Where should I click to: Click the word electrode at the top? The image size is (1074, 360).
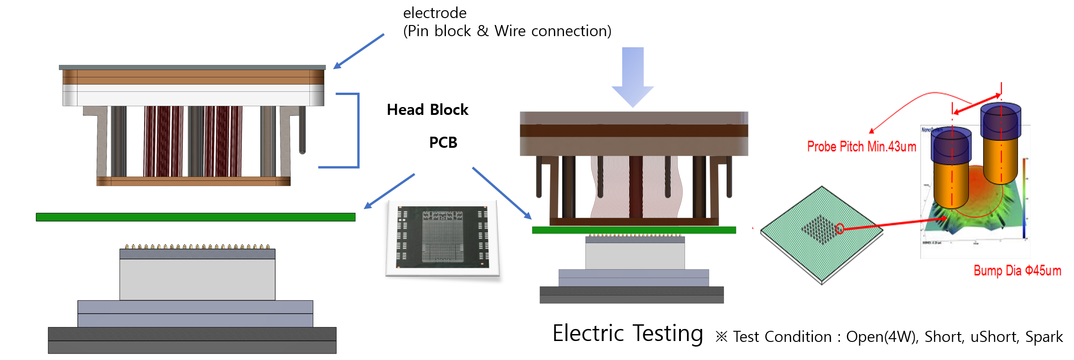434,13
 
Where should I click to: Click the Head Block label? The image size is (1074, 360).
427,110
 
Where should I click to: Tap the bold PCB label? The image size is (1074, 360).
443,143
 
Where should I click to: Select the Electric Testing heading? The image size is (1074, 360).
628,334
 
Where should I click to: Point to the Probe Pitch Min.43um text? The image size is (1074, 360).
861,147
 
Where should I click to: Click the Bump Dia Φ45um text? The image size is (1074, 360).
1017,271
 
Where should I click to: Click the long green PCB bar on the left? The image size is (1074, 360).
195,217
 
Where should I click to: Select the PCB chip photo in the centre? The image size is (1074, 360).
443,238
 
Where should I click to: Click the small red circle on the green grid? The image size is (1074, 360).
839,228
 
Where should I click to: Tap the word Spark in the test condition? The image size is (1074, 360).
1044,337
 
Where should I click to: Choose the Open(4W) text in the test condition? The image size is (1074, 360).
882,337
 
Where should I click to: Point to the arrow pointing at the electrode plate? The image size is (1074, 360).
358,51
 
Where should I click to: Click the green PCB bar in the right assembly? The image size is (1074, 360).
634,230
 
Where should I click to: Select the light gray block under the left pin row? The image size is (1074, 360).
197,279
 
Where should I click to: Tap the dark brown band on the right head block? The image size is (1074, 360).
634,131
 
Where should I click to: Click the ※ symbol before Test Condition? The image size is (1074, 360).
721,337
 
